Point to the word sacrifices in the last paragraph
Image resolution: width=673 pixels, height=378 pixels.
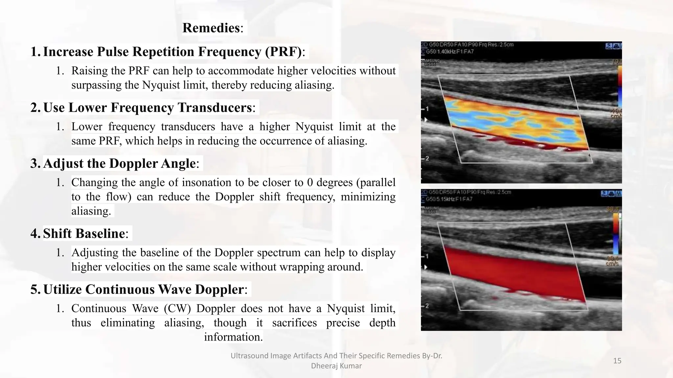click(x=294, y=323)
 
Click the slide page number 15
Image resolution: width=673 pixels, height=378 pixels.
click(x=617, y=361)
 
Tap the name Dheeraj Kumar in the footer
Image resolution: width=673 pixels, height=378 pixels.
click(x=336, y=366)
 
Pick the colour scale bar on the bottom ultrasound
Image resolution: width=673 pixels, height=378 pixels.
click(x=616, y=234)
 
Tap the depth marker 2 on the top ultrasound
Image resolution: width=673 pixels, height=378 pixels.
click(x=427, y=158)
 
